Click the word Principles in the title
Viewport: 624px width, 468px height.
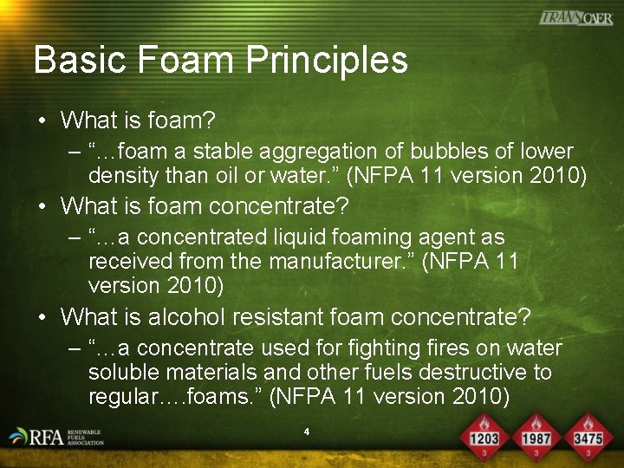(x=327, y=61)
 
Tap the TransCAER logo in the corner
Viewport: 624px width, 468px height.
(x=575, y=17)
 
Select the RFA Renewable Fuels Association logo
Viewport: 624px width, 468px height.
(x=56, y=437)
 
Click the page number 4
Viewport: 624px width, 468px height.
(x=307, y=431)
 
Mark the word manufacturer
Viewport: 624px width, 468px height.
(x=348, y=261)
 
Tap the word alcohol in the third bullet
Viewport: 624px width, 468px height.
(x=182, y=317)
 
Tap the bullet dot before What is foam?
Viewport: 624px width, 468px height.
(x=42, y=120)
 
